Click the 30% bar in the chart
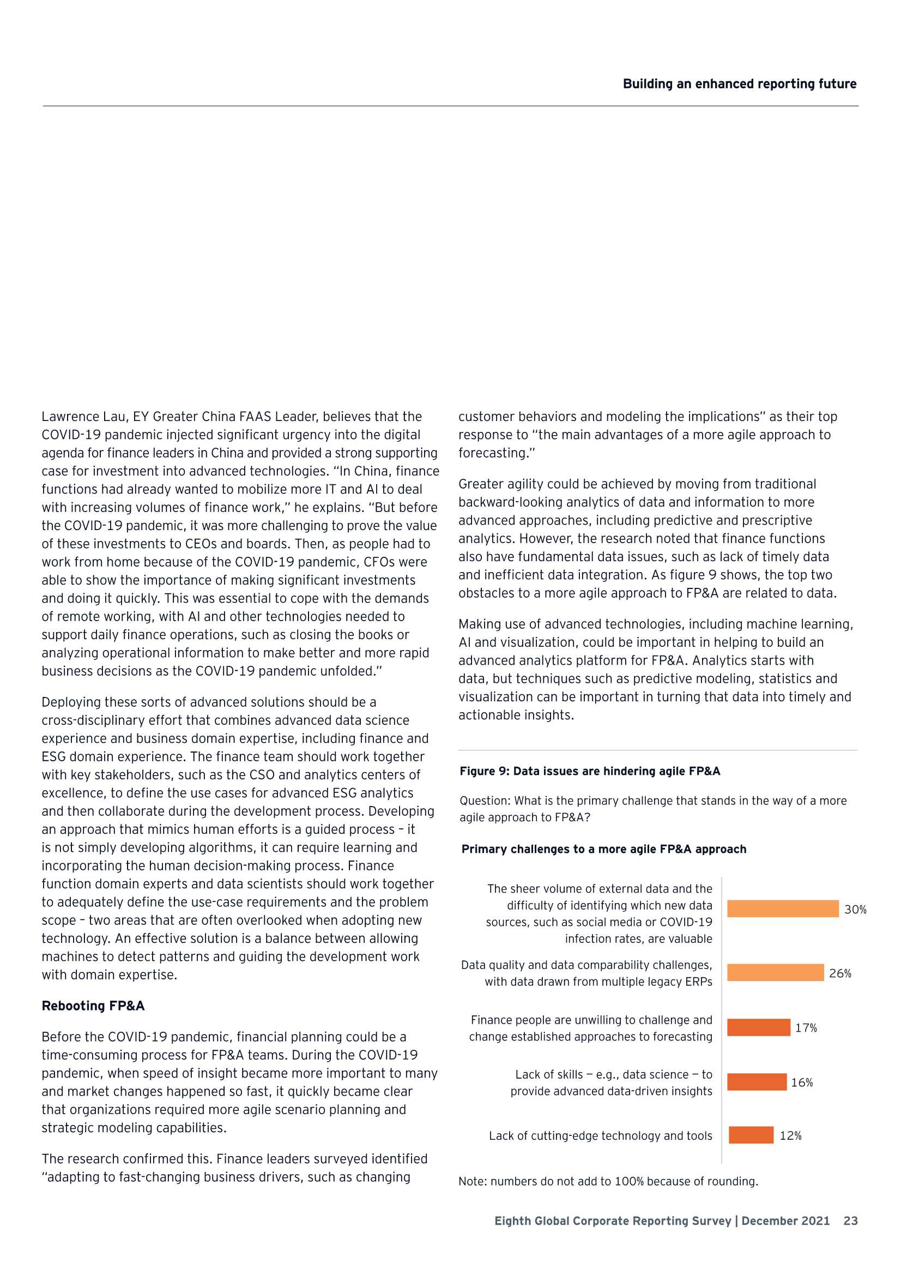point(782,909)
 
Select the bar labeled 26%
point(775,972)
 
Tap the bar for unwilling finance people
point(758,1027)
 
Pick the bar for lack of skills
point(757,1082)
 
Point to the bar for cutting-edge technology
point(751,1135)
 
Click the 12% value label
point(790,1135)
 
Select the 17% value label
point(806,1028)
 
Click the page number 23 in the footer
point(850,1220)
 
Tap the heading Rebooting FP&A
point(93,1006)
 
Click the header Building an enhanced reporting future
point(740,84)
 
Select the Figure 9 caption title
point(590,771)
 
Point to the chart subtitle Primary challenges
point(603,849)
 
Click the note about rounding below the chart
point(608,1181)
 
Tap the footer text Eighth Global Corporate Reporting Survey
point(613,1220)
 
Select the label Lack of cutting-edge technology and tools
point(600,1135)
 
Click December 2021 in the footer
point(785,1220)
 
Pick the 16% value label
point(802,1082)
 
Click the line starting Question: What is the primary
point(653,801)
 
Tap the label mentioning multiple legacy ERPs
point(598,981)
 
